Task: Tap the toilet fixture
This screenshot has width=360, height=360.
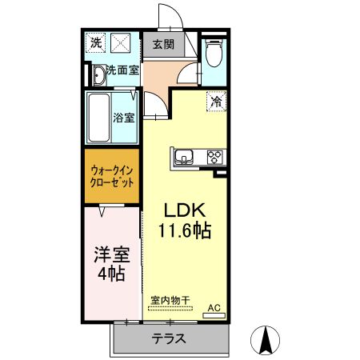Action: (214, 54)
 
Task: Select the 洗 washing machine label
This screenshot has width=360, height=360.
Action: (96, 42)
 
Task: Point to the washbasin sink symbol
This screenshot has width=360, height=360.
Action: (98, 75)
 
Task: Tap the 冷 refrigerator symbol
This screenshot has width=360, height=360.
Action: (217, 101)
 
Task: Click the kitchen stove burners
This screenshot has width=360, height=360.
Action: (214, 157)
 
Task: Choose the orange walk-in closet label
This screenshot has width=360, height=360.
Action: (111, 175)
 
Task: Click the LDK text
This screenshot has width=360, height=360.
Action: (186, 210)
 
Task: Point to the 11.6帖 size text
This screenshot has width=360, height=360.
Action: (186, 232)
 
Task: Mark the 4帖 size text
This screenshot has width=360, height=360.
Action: (110, 275)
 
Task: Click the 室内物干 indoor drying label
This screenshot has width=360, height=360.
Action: (170, 301)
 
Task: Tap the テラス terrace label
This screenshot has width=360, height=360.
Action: (170, 338)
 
